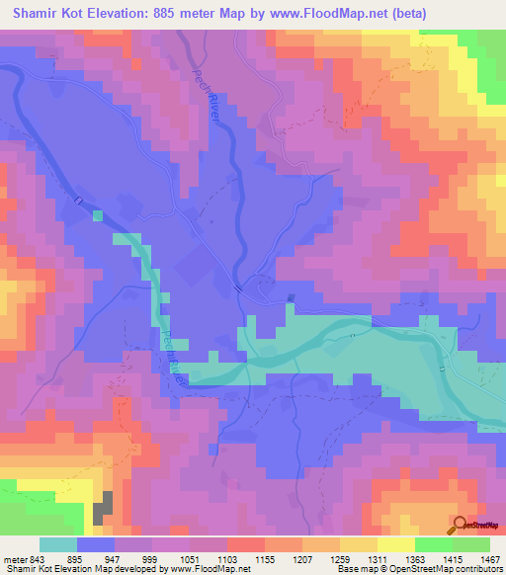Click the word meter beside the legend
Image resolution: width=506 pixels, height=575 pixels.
point(15,560)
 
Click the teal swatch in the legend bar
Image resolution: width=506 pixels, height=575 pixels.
point(58,544)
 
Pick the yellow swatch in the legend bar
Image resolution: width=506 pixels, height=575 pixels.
point(395,544)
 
